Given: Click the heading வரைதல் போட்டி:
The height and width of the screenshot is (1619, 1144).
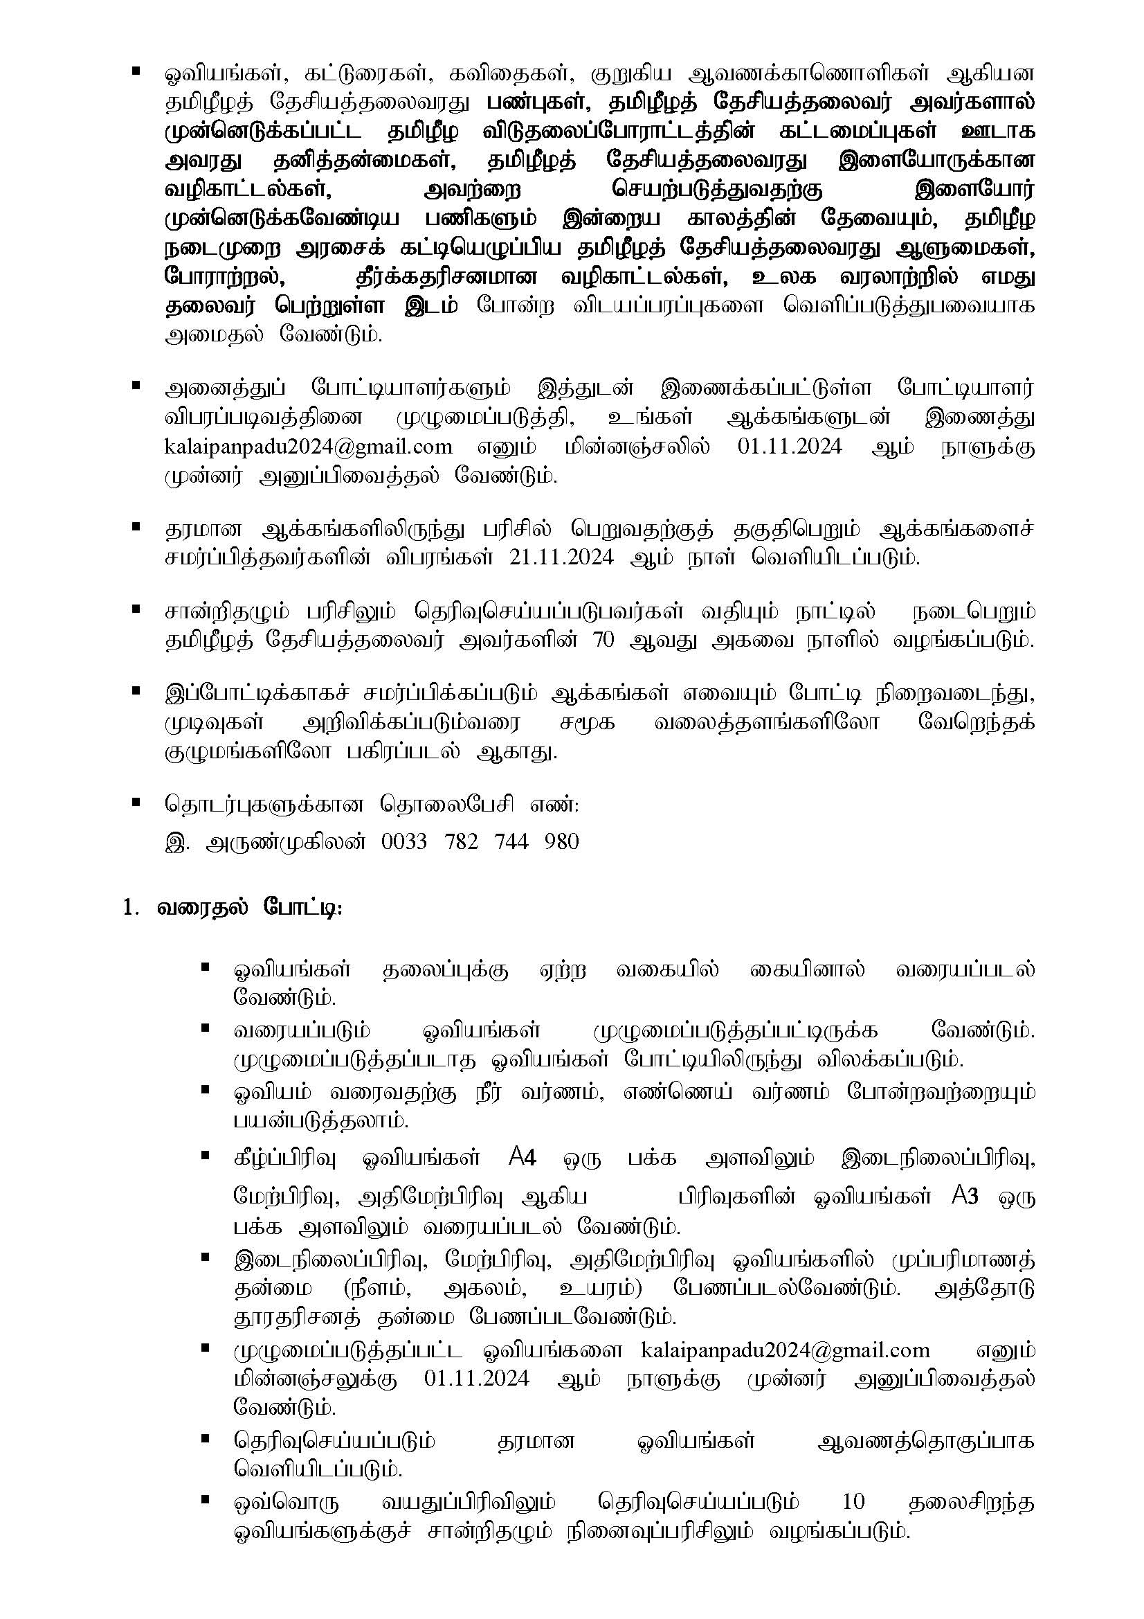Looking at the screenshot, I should (x=250, y=908).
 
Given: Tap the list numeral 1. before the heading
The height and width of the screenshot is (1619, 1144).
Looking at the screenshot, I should (x=129, y=908).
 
